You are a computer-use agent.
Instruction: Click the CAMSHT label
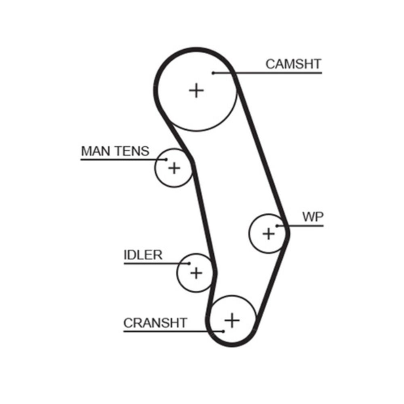[293, 64]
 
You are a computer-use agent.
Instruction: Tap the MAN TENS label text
[115, 151]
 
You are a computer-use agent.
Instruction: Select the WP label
[313, 217]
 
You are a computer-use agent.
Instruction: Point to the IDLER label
[143, 255]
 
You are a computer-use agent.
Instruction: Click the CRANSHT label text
[155, 323]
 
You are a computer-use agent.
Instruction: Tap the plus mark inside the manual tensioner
[174, 167]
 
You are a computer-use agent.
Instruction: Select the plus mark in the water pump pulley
[268, 233]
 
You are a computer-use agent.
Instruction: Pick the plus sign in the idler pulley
[196, 273]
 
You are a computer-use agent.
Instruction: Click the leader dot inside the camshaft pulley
[213, 73]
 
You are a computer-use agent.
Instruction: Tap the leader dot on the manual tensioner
[166, 159]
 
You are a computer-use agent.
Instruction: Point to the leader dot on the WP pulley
[277, 225]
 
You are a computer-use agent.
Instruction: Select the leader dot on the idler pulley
[188, 263]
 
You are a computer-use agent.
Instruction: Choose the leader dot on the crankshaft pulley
[223, 331]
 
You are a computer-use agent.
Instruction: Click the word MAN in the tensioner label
[95, 151]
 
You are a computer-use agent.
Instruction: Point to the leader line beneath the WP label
[303, 225]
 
